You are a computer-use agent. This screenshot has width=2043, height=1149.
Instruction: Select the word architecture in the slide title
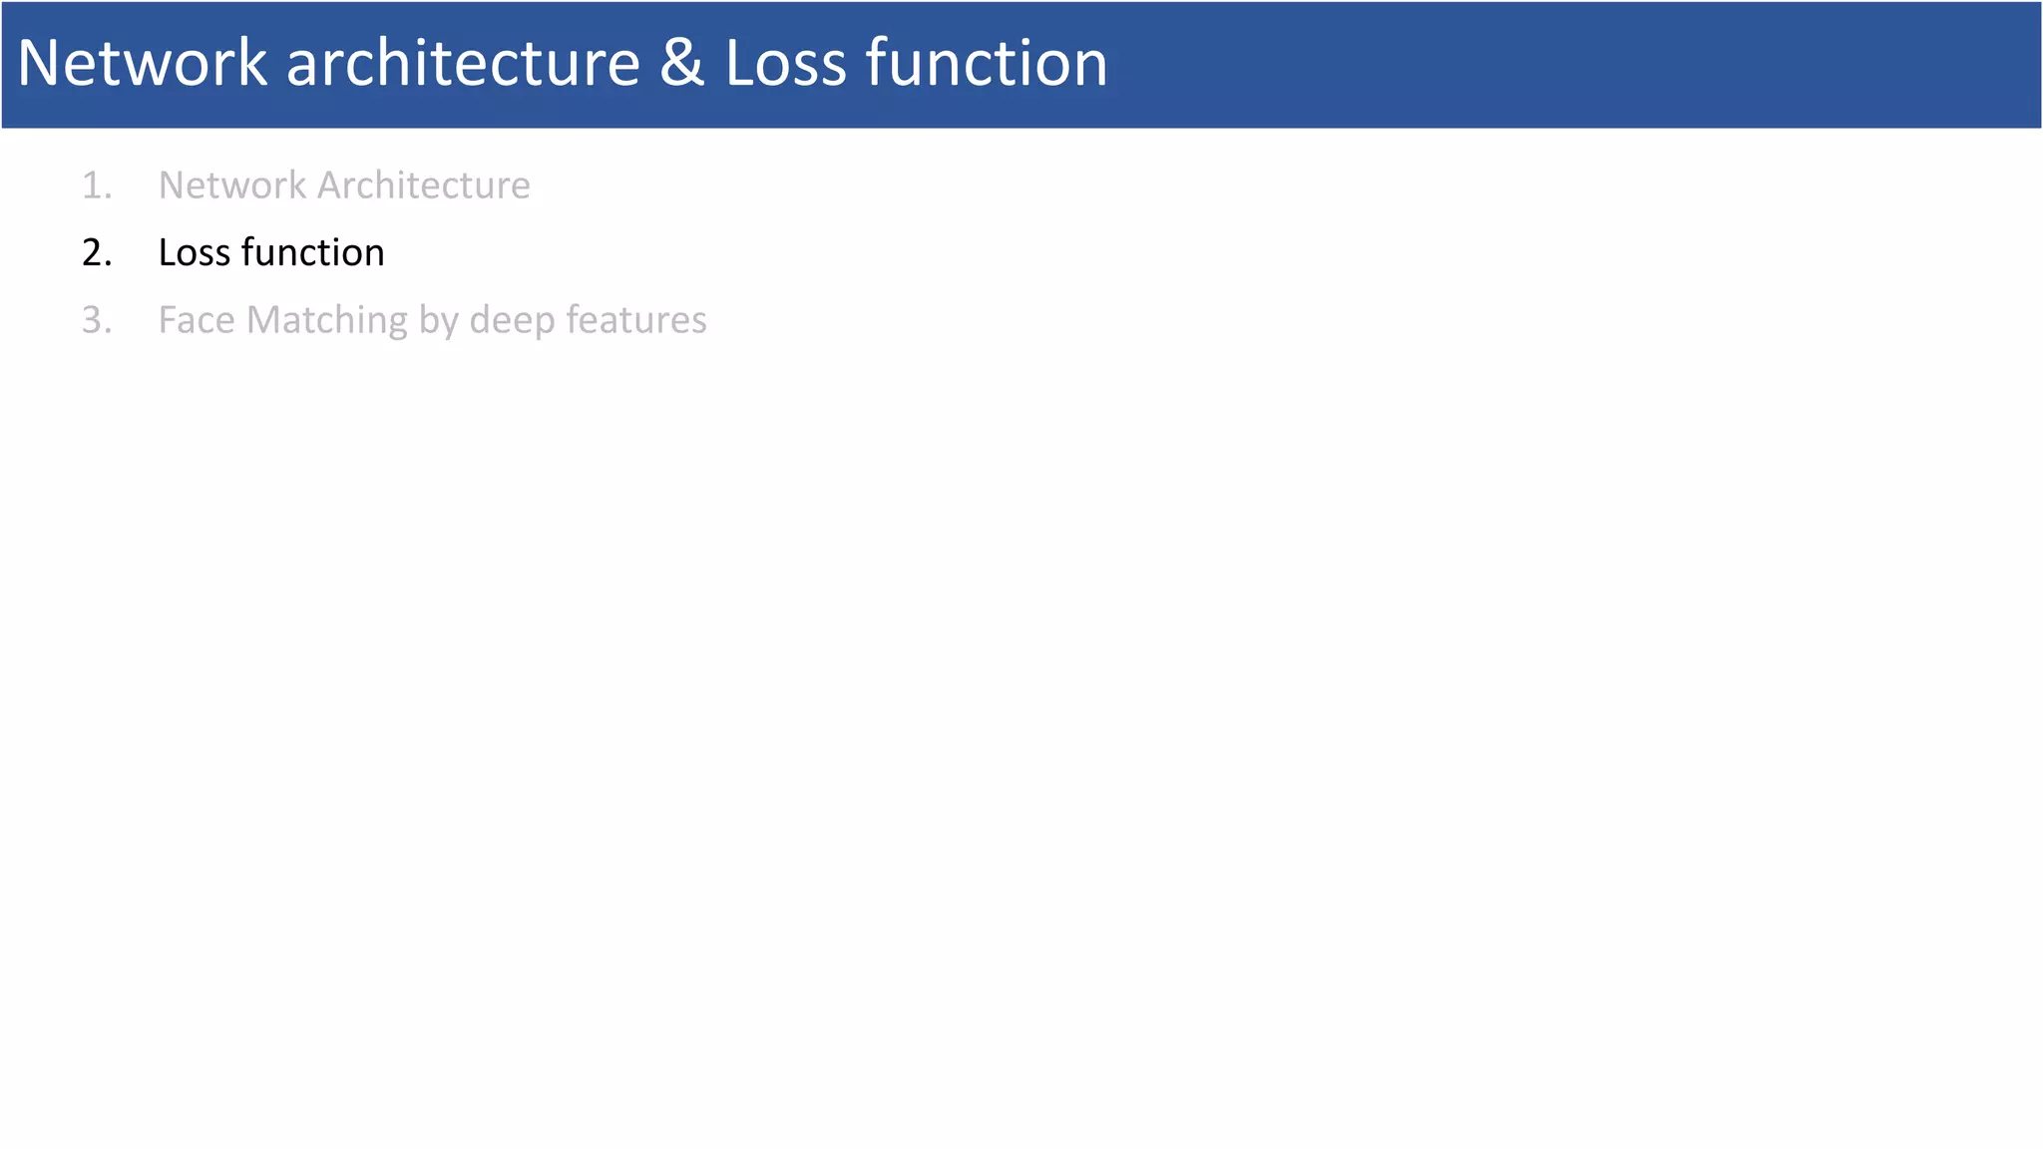[463, 63]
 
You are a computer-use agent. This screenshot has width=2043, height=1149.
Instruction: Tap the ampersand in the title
[681, 63]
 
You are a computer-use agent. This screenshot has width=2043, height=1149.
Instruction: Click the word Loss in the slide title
[785, 63]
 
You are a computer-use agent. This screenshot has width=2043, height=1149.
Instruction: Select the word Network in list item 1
[232, 186]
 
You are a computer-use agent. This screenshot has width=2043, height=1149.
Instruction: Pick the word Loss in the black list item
[195, 253]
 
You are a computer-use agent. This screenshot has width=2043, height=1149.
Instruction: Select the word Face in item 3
[197, 320]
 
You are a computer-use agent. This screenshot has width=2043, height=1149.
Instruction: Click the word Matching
[327, 320]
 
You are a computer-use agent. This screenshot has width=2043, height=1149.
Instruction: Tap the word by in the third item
[439, 320]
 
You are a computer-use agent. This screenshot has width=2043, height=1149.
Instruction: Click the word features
[636, 320]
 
